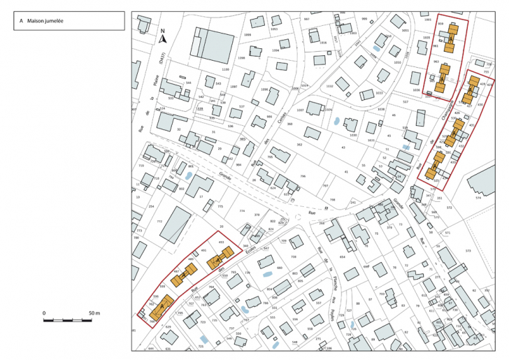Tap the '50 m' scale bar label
94,313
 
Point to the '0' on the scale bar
44,313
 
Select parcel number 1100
224,69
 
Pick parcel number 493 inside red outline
221,243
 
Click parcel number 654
343,257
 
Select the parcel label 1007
300,110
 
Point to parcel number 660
279,268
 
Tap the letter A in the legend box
22,22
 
